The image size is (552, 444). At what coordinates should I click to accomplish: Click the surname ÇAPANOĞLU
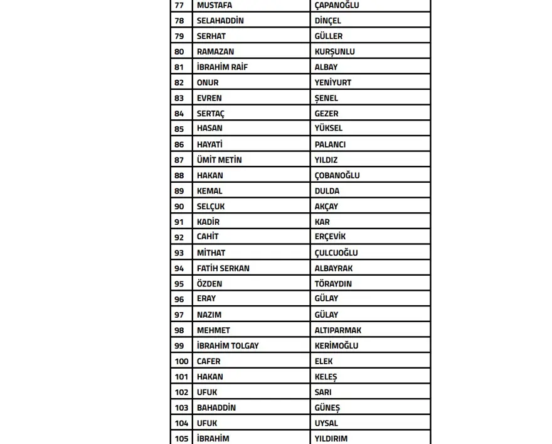[x=336, y=5]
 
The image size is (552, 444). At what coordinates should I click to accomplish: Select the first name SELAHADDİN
[x=220, y=21]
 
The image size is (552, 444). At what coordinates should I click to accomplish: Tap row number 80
[x=179, y=51]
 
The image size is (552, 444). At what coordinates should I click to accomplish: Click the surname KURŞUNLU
[x=334, y=51]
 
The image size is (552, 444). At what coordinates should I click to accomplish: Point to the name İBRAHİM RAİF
[x=222, y=67]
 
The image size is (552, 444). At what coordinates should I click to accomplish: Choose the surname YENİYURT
[x=332, y=82]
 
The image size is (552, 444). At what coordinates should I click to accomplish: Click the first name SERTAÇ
[x=210, y=114]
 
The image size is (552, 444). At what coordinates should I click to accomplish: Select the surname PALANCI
[x=330, y=144]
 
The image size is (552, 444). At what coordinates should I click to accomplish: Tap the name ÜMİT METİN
[x=219, y=160]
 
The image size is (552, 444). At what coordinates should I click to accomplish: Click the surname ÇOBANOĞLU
[x=337, y=175]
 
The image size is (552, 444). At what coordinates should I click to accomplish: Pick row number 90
[x=179, y=207]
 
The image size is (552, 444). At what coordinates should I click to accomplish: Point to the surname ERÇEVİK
[x=330, y=237]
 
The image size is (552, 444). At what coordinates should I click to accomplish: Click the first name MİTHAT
[x=211, y=252]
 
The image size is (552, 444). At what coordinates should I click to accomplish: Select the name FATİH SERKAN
[x=223, y=268]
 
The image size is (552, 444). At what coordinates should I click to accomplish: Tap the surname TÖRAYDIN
[x=333, y=284]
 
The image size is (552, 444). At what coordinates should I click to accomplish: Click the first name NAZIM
[x=209, y=315]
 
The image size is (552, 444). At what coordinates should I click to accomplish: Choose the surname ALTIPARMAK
[x=337, y=330]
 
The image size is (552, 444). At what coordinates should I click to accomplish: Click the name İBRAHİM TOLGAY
[x=228, y=346]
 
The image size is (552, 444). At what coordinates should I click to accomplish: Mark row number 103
[x=181, y=408]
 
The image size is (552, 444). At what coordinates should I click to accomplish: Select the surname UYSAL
[x=326, y=423]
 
